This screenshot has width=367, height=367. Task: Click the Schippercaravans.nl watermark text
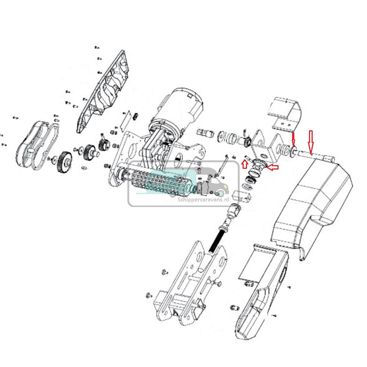pos(203,200)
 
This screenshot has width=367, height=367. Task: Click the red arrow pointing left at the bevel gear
pos(272,167)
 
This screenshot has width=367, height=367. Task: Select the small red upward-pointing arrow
pos(245,164)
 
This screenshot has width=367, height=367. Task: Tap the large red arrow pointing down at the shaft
pos(310,142)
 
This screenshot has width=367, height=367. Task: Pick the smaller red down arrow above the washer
pos(294,139)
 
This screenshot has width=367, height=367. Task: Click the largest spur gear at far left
pos(64,162)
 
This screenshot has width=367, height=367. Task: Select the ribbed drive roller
pos(161,183)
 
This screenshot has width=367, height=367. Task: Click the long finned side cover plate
pos(104,91)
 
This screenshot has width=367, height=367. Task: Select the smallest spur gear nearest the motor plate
pos(103,144)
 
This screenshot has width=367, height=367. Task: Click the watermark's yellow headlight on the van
pos(225,187)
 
